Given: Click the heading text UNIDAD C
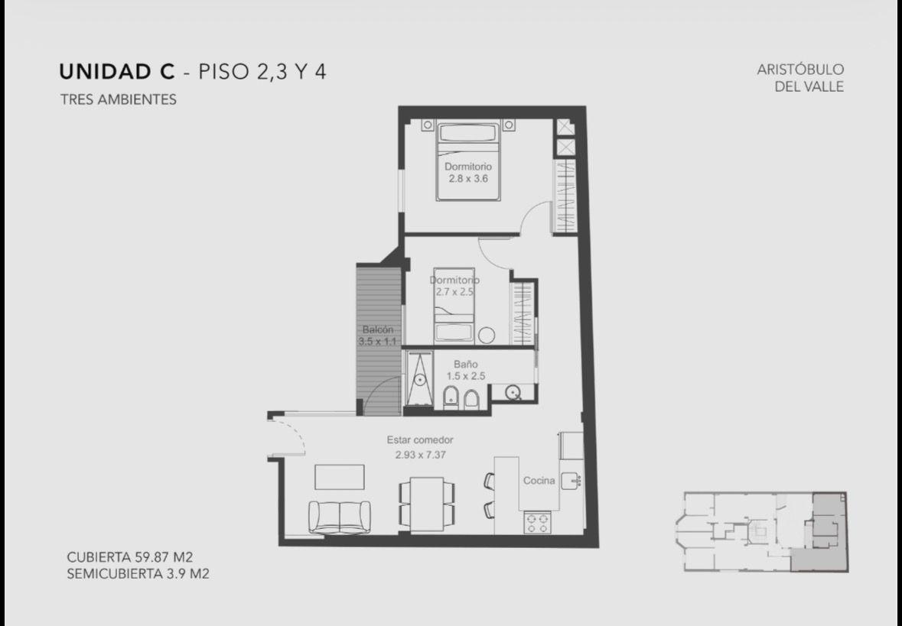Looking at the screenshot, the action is [117, 71].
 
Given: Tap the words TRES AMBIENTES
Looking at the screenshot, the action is [118, 99].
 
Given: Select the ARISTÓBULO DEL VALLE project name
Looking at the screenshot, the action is [800, 78].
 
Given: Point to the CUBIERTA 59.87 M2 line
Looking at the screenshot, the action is [129, 557].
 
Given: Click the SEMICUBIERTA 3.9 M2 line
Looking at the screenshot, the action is [138, 574].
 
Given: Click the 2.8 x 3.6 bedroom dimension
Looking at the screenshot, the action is [468, 179].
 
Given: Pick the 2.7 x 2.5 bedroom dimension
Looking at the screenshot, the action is [454, 291].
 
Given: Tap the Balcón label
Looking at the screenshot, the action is [378, 330].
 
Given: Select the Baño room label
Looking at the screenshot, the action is [465, 365].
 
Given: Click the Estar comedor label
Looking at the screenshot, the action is [420, 439].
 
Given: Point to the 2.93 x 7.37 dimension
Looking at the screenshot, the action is [421, 455].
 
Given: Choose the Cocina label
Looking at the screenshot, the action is [539, 481].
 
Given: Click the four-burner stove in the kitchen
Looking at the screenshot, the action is [537, 523].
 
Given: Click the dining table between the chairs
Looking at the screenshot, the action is [426, 504].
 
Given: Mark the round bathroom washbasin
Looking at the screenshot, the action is [513, 393].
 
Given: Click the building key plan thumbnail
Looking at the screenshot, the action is [761, 532].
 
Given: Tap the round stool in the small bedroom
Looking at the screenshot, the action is [487, 335].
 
